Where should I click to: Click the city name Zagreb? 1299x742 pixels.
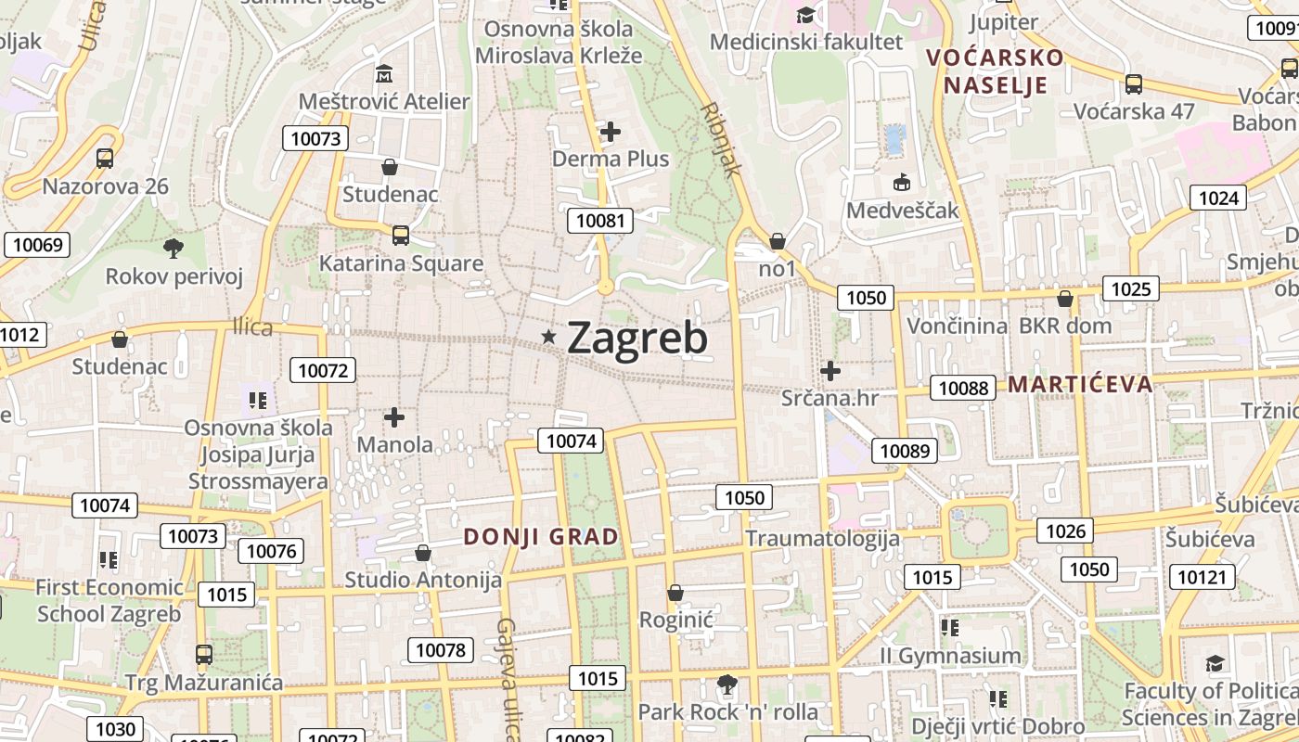(x=637, y=339)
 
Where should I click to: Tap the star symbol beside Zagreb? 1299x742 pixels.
(x=549, y=338)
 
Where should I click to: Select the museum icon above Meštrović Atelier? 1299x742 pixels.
(x=384, y=72)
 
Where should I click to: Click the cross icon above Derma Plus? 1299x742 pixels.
(x=610, y=132)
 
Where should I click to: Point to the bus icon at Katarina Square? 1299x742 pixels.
(x=401, y=235)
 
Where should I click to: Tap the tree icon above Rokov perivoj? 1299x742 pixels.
(x=173, y=248)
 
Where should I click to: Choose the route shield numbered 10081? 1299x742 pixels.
(x=601, y=221)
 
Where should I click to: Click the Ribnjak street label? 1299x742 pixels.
(x=723, y=138)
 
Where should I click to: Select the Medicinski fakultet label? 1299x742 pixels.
(x=805, y=42)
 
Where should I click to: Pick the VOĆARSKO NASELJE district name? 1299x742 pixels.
(x=995, y=71)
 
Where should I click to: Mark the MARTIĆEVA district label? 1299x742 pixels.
(x=1080, y=384)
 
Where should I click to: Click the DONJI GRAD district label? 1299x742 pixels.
(x=541, y=537)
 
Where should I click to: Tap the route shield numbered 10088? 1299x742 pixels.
(x=963, y=388)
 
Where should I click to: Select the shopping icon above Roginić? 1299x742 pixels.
(x=675, y=593)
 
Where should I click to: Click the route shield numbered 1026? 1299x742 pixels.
(x=1065, y=531)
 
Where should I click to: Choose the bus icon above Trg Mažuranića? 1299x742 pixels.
(x=204, y=654)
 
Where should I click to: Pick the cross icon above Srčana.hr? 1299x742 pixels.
(x=830, y=371)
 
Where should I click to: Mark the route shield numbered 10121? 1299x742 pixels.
(x=1202, y=577)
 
